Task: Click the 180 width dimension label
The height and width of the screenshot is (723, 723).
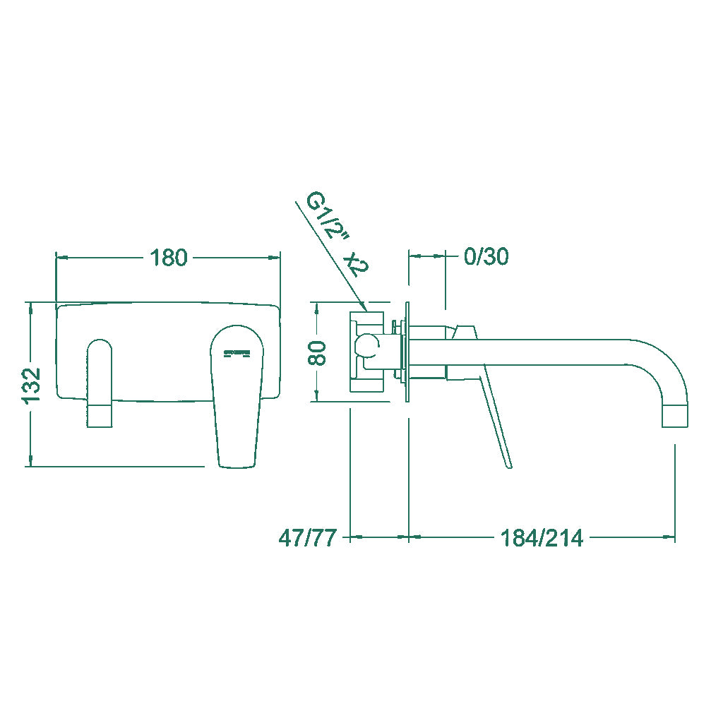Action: click(168, 258)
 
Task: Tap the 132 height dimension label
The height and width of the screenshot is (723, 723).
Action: click(32, 386)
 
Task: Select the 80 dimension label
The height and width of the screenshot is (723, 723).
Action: click(317, 353)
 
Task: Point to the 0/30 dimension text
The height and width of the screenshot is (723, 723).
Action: click(486, 256)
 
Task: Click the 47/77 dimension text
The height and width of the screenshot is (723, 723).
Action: click(308, 537)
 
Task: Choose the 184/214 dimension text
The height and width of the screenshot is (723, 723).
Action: click(542, 537)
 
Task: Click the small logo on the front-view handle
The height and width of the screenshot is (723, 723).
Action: click(236, 354)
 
